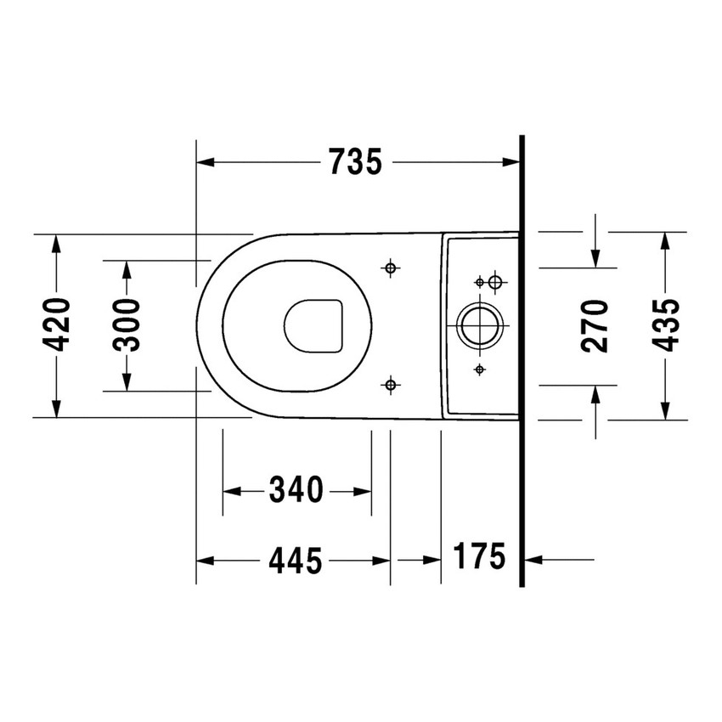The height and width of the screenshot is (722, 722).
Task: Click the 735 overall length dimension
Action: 355,161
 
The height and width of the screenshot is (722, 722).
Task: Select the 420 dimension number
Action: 57,324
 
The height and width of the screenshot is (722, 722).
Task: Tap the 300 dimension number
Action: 127,324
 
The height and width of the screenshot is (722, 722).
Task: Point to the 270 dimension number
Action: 595,324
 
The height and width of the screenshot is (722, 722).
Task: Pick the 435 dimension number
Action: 665,324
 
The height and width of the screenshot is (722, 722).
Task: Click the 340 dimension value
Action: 296,490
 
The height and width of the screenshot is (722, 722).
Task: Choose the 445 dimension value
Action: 296,560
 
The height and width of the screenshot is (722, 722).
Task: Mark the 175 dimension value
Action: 479,557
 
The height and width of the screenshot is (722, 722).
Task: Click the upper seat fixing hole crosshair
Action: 390,268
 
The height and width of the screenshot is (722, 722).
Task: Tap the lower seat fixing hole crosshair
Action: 390,386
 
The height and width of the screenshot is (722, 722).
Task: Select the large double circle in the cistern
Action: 481,324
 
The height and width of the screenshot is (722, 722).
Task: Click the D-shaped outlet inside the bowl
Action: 313,324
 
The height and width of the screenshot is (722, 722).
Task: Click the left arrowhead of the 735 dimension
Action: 205,161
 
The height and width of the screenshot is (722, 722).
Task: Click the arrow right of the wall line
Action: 534,559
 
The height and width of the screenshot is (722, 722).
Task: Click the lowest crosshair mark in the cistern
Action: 480,369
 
